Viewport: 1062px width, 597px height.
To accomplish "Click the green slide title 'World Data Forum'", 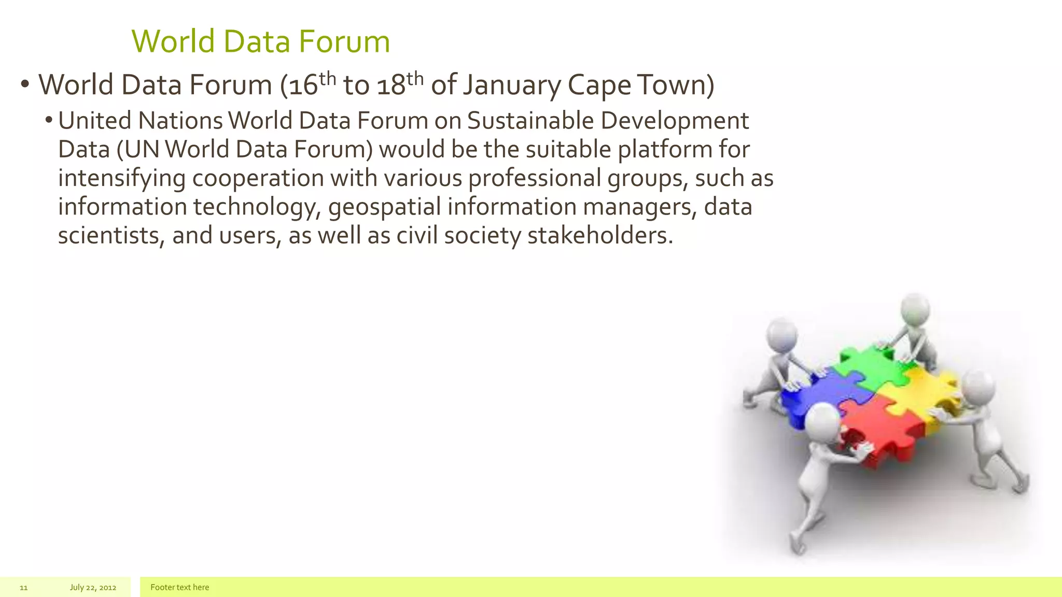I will point(260,41).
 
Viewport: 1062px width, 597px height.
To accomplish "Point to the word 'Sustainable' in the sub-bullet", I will point(530,121).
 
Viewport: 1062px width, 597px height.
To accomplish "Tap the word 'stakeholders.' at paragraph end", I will point(600,236).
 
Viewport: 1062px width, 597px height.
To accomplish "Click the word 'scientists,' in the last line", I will point(111,236).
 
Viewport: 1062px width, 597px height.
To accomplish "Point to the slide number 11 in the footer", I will point(23,588).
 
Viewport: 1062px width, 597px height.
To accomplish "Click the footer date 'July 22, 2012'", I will point(93,588).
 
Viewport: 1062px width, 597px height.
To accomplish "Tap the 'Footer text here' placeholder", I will point(179,588).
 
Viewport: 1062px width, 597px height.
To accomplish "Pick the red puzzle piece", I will point(882,430).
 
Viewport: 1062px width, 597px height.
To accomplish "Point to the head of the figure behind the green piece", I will point(915,309).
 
